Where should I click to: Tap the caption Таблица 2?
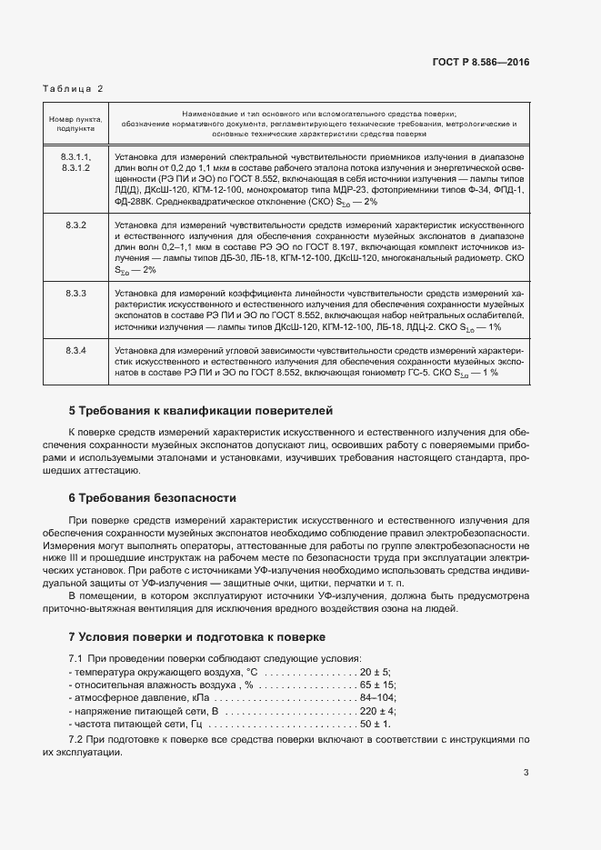click(x=74, y=88)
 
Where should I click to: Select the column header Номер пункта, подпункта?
click(x=75, y=123)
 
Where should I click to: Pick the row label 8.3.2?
click(x=75, y=224)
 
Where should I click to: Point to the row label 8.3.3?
click(x=75, y=294)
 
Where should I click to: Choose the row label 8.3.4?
click(x=75, y=350)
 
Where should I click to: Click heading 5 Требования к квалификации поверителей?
click(x=201, y=410)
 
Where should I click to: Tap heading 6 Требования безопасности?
click(x=152, y=497)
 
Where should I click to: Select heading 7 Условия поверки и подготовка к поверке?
click(x=195, y=635)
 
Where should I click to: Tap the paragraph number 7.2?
click(x=77, y=742)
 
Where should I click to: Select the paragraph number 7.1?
click(x=77, y=657)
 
